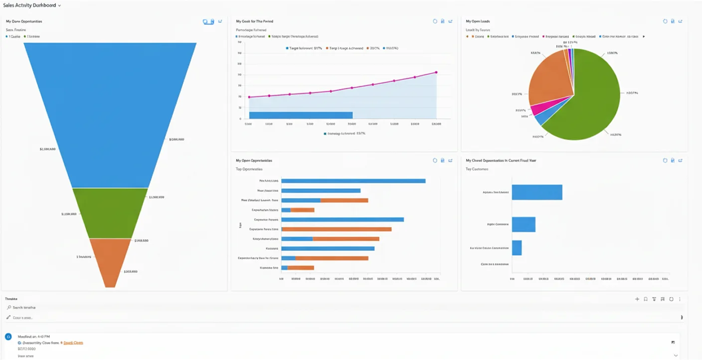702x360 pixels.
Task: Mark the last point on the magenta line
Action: tap(436, 72)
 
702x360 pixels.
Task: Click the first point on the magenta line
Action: tap(249, 97)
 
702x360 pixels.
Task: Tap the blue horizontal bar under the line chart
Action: tap(301, 115)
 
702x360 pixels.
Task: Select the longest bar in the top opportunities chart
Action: tap(353, 181)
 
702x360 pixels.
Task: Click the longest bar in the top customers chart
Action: tap(537, 192)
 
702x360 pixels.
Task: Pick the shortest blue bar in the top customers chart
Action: tap(517, 248)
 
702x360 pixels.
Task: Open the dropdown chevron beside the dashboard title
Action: tap(60, 5)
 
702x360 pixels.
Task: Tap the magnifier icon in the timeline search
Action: tap(9, 308)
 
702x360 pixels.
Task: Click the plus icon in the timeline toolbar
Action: tap(637, 299)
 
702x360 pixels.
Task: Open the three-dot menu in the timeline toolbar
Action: tap(680, 299)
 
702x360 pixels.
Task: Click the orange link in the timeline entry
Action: tap(73, 343)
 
